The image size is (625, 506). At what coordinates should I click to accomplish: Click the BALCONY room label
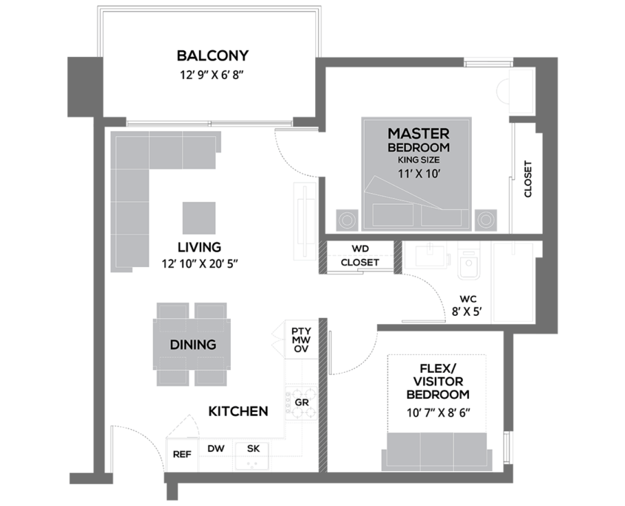212,55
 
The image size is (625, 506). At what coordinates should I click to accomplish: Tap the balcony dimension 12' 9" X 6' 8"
212,75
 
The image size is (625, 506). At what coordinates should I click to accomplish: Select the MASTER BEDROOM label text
419,140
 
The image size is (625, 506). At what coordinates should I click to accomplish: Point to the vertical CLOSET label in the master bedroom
528,179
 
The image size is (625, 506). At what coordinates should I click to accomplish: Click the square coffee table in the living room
199,217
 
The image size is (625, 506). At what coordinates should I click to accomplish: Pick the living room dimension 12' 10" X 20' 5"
199,263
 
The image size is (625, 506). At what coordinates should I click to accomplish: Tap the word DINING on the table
193,345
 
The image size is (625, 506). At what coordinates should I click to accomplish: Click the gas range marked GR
301,402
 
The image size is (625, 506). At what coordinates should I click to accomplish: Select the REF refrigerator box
182,454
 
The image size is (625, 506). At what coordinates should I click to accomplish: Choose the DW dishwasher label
216,448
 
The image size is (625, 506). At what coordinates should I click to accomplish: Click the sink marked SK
252,456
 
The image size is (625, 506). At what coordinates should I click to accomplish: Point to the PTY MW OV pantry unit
301,340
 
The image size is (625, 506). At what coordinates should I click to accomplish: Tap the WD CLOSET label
360,256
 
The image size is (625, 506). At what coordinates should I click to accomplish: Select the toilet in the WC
469,260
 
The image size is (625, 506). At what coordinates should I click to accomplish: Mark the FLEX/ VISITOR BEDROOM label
438,381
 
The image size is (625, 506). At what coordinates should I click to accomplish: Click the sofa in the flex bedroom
437,451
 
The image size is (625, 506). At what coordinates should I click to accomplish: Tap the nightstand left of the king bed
347,220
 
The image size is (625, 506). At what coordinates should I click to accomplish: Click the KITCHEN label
238,411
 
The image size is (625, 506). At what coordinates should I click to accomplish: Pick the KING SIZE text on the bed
419,160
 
